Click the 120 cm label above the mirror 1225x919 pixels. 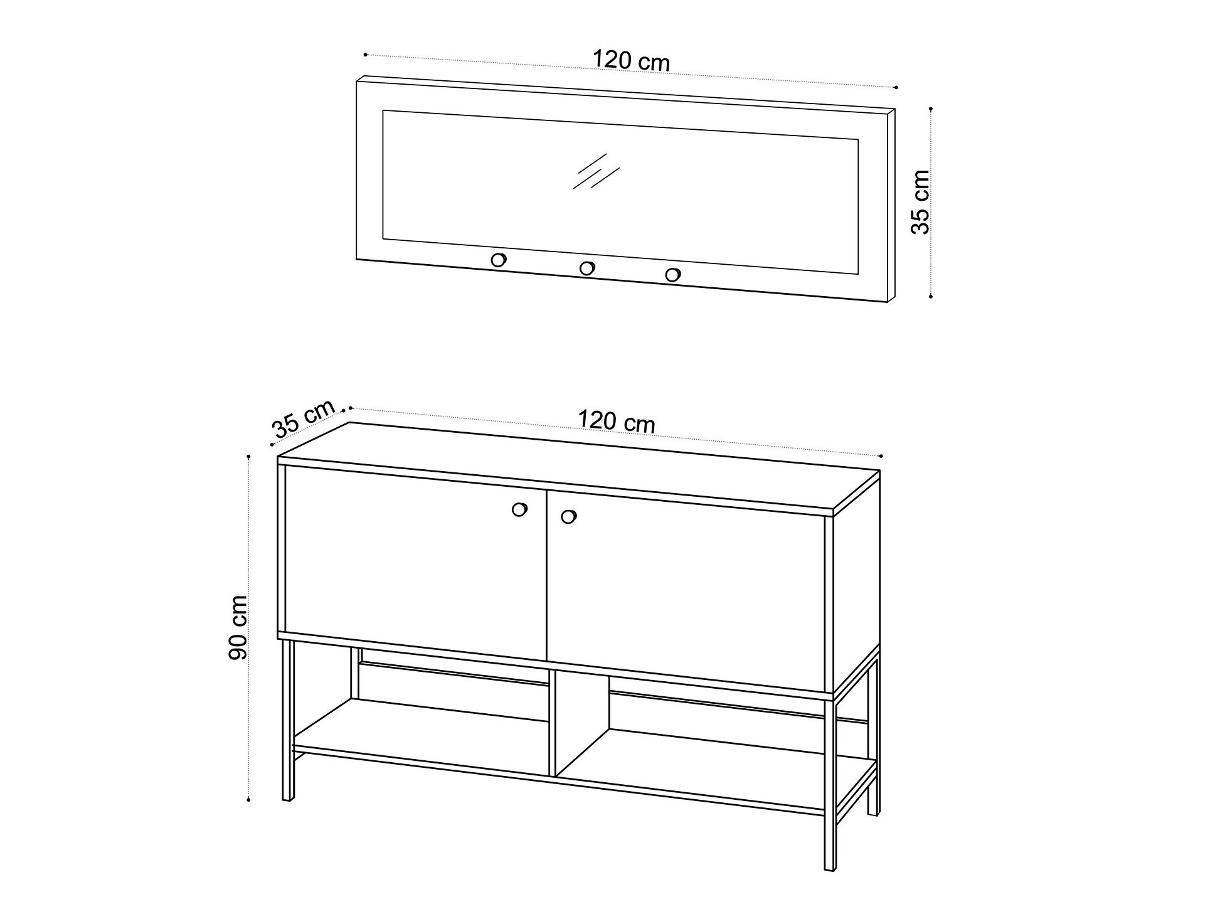point(631,61)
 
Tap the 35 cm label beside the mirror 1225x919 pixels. point(920,202)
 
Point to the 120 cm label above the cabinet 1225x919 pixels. point(616,421)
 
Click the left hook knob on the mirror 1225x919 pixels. point(499,259)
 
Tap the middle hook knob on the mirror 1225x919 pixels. point(587,268)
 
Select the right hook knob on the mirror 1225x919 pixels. point(672,275)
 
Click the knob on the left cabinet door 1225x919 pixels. point(519,509)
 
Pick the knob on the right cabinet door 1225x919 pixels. point(568,517)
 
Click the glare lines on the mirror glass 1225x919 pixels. point(595,171)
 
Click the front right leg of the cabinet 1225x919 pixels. point(830,785)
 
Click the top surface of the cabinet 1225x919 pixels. point(578,468)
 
